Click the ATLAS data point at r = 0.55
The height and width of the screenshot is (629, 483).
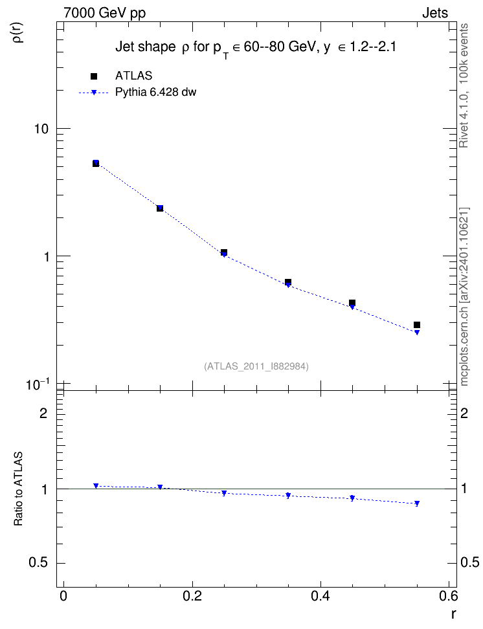(x=417, y=325)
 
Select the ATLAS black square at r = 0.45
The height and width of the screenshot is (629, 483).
(x=352, y=303)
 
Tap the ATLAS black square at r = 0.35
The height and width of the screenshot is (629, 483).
(x=288, y=282)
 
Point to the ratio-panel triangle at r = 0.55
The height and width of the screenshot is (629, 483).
(x=417, y=503)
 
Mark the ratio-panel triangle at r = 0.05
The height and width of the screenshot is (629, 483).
(x=96, y=486)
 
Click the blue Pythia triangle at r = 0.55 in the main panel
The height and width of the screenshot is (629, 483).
(x=417, y=333)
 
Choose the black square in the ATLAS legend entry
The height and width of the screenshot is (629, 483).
(x=94, y=76)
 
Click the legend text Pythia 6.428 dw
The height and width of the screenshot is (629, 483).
(x=156, y=93)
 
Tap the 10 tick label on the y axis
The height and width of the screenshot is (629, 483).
(x=41, y=129)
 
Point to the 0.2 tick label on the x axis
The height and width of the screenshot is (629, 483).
(x=192, y=596)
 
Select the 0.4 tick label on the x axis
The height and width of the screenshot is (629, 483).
(x=320, y=596)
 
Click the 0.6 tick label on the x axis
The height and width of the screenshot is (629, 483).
(x=448, y=596)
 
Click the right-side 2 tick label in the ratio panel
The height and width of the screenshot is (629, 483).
(x=464, y=413)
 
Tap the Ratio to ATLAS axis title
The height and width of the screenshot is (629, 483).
(x=18, y=489)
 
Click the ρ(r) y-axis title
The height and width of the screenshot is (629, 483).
(x=19, y=32)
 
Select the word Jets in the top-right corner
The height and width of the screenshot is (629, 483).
(x=435, y=13)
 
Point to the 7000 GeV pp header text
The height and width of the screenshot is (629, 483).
(x=104, y=13)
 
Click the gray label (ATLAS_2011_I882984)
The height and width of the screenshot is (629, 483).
(x=256, y=366)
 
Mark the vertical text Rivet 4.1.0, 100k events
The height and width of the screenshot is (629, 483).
(x=464, y=85)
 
